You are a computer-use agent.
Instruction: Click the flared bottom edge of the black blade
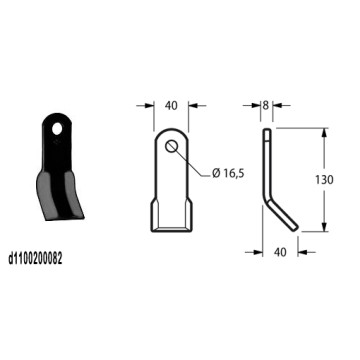[x=57, y=215]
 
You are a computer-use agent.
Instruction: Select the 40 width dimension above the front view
[x=170, y=104]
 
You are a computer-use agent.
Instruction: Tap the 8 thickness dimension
[x=267, y=104]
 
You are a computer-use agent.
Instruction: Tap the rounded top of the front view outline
[x=171, y=130]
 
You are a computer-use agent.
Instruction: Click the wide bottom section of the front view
[x=171, y=215]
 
